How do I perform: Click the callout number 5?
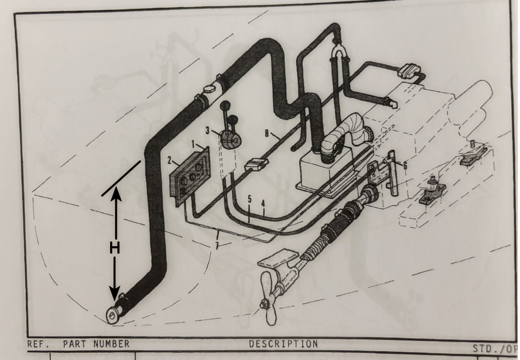pyautogui.click(x=249, y=199)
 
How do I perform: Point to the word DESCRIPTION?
pyautogui.click(x=283, y=343)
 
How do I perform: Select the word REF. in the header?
pyautogui.click(x=37, y=343)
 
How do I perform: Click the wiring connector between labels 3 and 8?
pyautogui.click(x=255, y=166)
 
